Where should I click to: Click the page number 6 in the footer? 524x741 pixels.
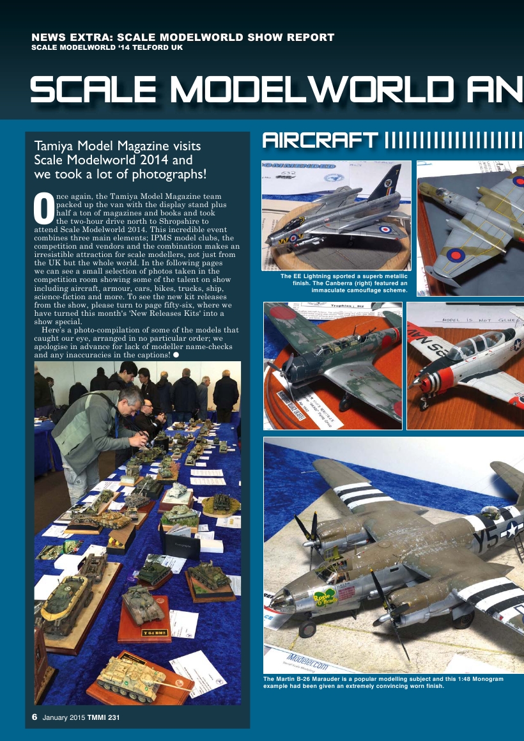(35, 717)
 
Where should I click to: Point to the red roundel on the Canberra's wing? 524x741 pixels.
(456, 255)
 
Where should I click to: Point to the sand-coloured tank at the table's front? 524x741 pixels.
(131, 671)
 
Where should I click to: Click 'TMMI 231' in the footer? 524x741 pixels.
(105, 717)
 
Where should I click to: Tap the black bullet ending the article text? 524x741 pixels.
(175, 354)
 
